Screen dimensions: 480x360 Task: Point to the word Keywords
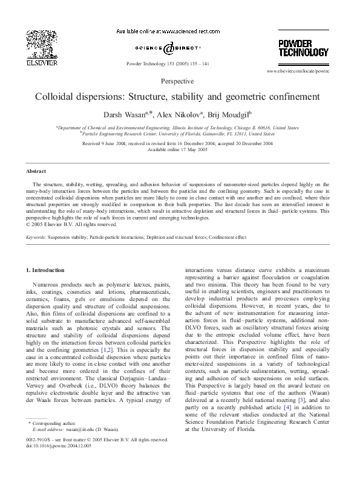36,239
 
